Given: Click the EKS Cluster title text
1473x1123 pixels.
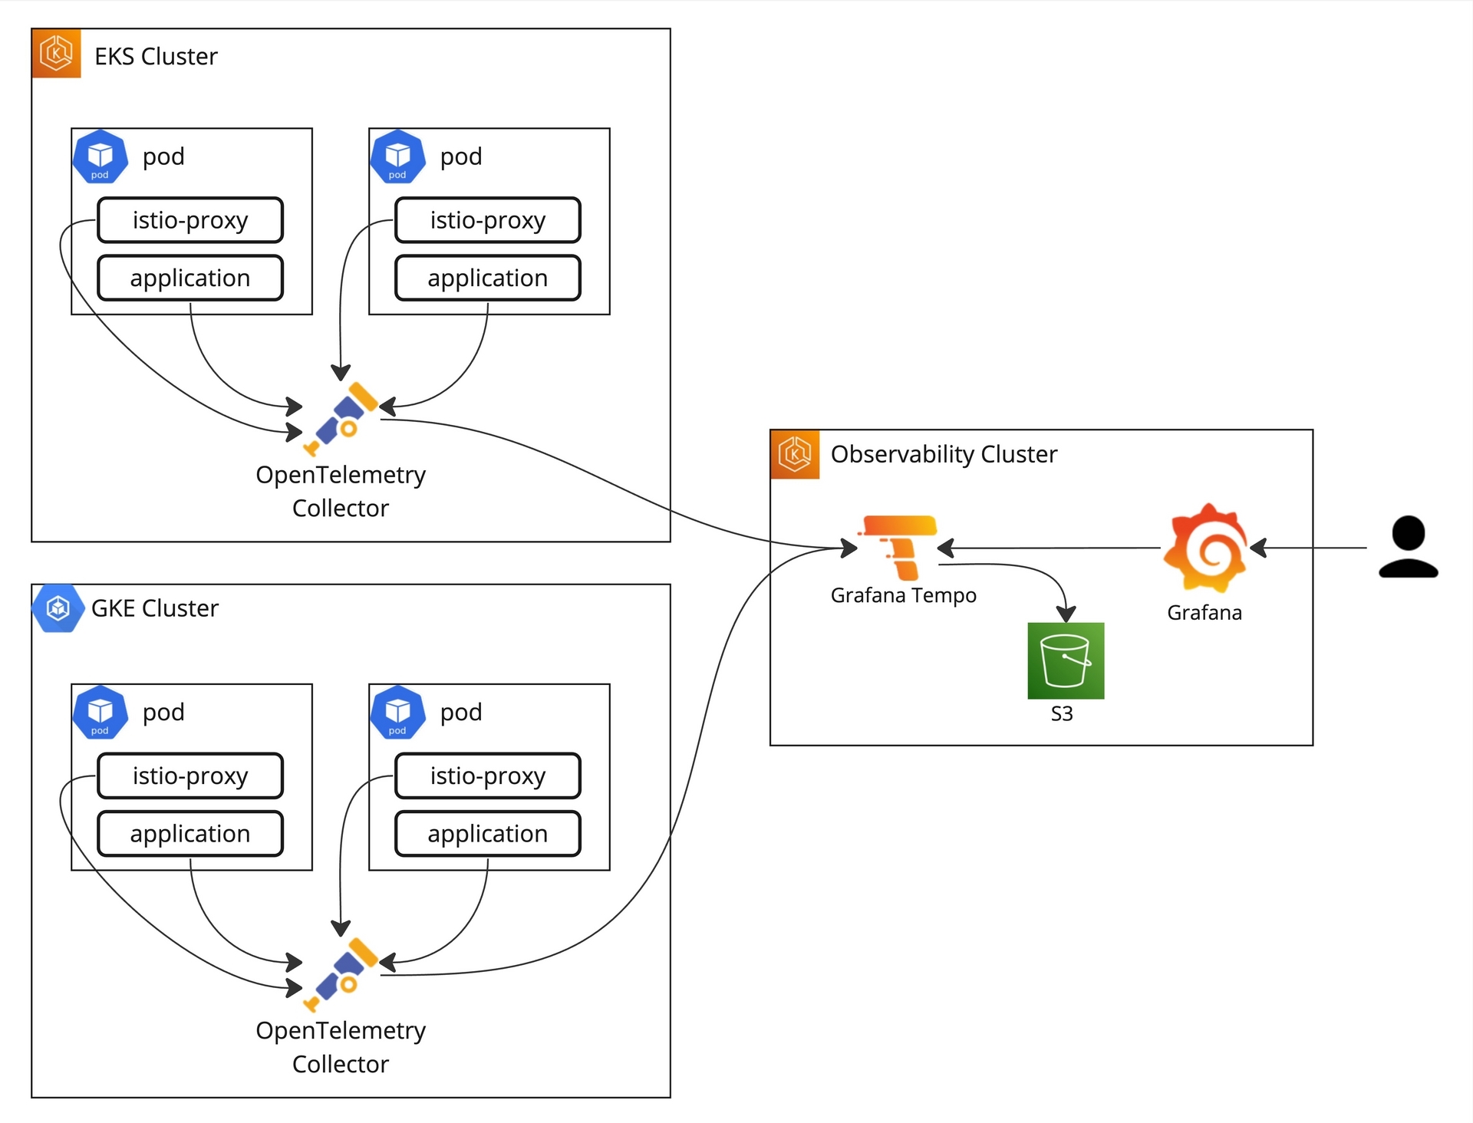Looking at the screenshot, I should tap(156, 57).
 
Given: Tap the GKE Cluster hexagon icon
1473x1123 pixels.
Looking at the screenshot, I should tap(58, 608).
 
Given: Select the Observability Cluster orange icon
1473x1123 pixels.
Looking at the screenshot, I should tap(795, 454).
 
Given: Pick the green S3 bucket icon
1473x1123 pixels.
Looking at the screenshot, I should tap(1066, 660).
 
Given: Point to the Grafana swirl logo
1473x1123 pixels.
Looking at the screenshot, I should tap(1204, 548).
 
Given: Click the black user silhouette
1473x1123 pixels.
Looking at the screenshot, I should tap(1408, 546).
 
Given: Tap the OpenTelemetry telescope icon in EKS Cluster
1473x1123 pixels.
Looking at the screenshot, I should tap(341, 419).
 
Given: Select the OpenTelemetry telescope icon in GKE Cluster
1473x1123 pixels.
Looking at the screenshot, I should tap(341, 974).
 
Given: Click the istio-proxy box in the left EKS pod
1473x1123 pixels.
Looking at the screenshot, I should tap(190, 220).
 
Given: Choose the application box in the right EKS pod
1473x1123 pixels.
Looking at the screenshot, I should tap(488, 278).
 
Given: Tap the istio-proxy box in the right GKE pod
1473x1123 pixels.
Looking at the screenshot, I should tap(488, 776).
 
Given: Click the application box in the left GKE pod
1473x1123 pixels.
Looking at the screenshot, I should tap(190, 834).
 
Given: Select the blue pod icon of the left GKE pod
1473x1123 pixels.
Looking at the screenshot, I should tap(100, 713).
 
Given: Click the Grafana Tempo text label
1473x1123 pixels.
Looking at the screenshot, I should tap(903, 595).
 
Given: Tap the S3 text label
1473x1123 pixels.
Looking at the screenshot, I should tap(1062, 714).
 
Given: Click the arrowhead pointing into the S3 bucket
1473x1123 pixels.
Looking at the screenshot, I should tap(1066, 614).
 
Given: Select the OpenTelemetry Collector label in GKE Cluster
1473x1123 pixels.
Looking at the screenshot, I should tap(341, 1047).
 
